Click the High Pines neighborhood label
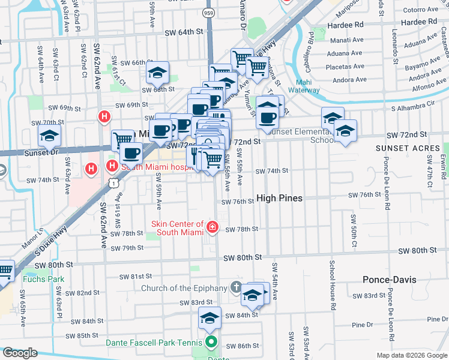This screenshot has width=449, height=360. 279,198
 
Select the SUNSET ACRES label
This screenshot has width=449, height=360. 401,148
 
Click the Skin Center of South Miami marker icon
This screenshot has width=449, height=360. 212,227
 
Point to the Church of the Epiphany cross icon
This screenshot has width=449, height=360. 237,288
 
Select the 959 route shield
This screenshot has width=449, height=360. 208,11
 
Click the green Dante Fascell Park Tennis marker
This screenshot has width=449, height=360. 211,344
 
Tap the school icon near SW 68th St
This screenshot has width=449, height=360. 157,73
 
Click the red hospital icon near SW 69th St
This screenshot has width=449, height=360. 105,116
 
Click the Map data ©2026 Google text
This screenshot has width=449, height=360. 411,355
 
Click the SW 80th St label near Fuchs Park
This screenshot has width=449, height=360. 53,264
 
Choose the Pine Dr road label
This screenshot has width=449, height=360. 363,325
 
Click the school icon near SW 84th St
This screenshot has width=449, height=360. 209,319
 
